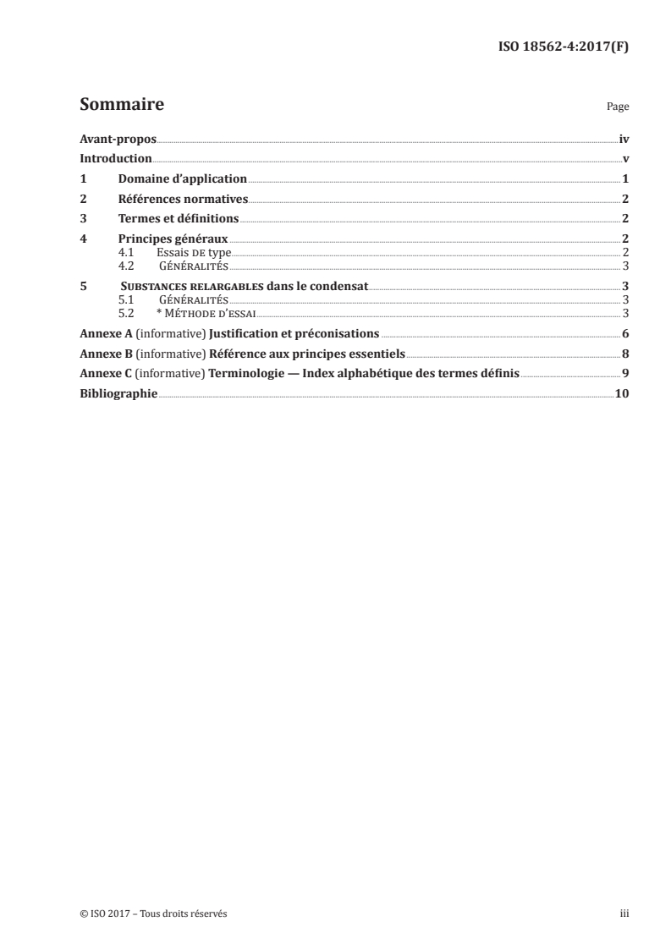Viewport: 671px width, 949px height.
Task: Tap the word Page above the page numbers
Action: pos(618,107)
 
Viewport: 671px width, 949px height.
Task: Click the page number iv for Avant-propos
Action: pos(624,139)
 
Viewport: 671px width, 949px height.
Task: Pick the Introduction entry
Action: pos(115,159)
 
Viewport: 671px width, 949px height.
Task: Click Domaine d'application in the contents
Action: pos(182,179)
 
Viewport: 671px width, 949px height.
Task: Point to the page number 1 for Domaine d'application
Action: pos(625,179)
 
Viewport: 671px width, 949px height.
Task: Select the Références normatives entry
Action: pos(182,200)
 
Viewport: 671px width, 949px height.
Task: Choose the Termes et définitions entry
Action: pos(178,220)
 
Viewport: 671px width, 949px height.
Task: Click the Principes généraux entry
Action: pos(173,240)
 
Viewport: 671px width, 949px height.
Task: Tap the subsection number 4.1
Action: pos(126,252)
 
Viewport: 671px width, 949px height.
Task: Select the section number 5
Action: pos(83,287)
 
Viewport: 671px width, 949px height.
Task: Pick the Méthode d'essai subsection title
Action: pos(205,311)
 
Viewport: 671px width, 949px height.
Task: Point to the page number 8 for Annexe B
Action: pos(625,354)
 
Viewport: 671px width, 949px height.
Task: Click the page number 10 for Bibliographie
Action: pos(622,394)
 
